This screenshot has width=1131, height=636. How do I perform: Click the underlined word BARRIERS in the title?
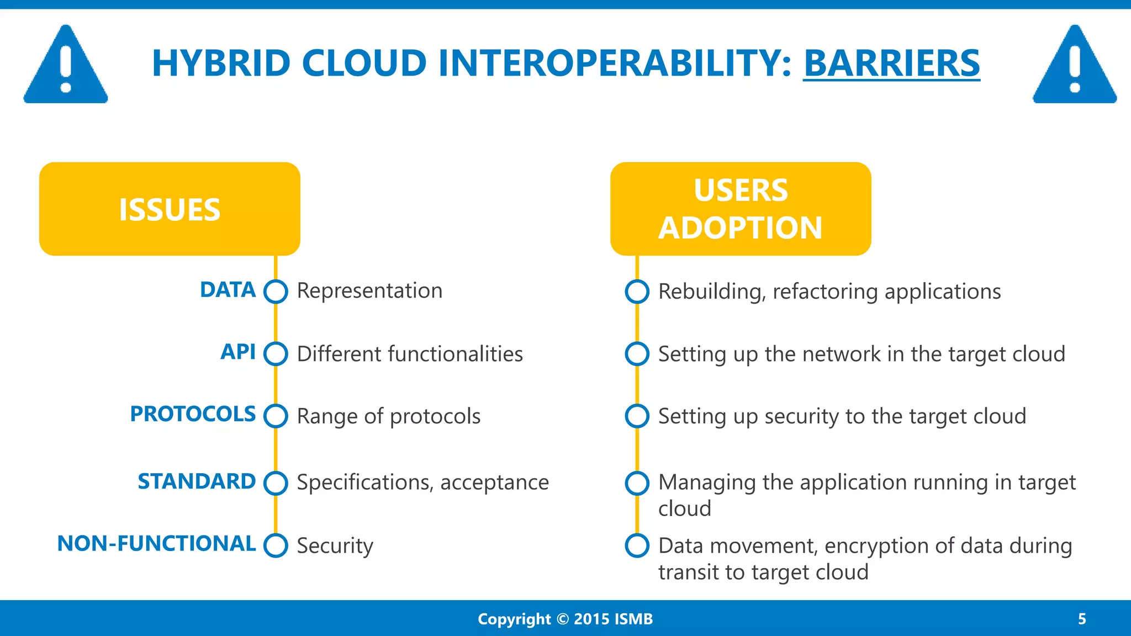pos(891,63)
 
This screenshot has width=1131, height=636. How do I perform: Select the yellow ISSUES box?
pos(170,209)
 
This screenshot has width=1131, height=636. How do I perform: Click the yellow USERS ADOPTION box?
pos(741,209)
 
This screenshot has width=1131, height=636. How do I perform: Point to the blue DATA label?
pos(228,290)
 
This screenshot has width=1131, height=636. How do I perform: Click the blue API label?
pos(238,352)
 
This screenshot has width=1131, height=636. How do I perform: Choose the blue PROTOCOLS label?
pos(193,414)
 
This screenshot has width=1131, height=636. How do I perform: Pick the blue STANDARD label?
pos(197,481)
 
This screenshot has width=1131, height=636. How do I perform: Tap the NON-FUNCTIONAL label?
pos(156,544)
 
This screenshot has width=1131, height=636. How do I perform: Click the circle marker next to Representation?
pos(276,291)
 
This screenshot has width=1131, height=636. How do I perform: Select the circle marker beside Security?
pos(276,545)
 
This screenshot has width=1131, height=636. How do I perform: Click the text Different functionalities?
pos(410,354)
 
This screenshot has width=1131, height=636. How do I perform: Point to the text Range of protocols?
pos(389,416)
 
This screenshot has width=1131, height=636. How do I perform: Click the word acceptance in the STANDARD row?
pos(494,483)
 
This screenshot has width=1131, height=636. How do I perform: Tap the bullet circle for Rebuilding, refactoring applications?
pos(637,291)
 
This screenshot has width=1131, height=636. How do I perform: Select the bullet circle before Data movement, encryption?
pos(637,545)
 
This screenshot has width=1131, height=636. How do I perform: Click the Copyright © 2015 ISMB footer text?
pos(565,619)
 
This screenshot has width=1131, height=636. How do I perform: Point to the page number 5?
pos(1082,619)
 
